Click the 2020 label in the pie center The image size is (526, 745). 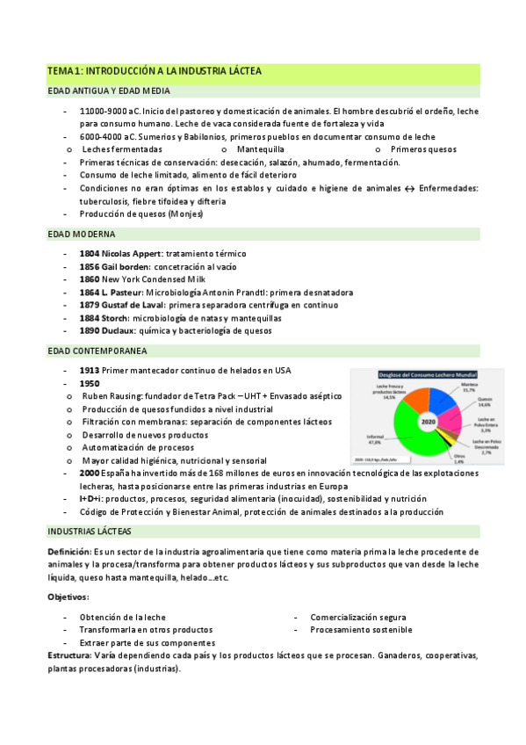pos(428,423)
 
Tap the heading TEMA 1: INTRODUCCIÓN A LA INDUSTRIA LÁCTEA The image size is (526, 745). pos(155,70)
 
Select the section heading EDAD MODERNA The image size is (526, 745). pos(82,234)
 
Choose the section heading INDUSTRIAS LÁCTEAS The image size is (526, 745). pos(90,532)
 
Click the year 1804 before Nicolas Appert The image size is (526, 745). pos(91,253)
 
